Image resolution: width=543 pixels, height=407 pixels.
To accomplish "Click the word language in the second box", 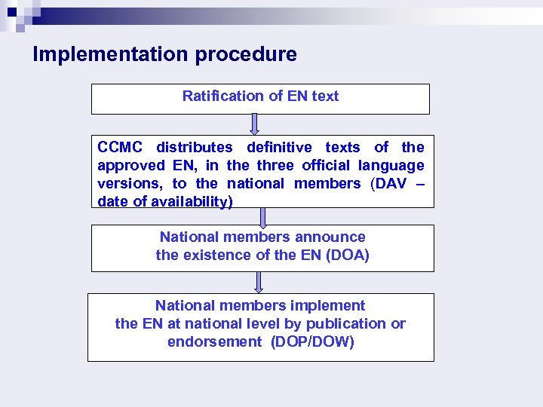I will coord(391,165).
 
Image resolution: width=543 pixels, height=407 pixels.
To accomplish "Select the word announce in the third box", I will coord(330,237).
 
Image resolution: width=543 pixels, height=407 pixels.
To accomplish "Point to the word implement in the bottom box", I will coord(330,305).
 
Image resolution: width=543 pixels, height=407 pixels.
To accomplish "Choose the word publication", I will coord(336,323).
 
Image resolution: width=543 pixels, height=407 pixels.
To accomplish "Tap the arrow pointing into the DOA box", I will coord(262,216).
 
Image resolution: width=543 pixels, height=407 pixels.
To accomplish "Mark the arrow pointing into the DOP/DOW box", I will coord(259,282).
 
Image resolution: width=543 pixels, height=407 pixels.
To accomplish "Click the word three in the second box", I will coord(276,165).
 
